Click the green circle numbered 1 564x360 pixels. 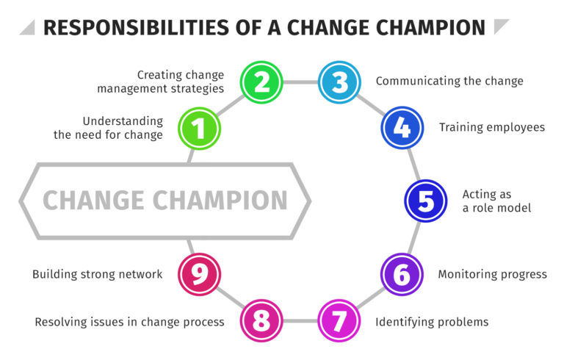(198, 129)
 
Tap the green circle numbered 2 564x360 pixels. (262, 82)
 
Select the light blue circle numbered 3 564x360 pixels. (339, 82)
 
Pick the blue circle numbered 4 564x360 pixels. (402, 128)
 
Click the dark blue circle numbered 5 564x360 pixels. (426, 201)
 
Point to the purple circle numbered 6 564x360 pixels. (402, 274)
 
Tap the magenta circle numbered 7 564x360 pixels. (339, 321)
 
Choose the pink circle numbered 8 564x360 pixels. (262, 321)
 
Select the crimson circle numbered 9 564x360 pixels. (198, 274)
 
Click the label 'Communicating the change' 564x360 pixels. (449, 81)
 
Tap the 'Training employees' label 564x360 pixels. (492, 127)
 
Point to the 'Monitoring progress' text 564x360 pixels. (492, 274)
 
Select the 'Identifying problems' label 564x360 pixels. (432, 321)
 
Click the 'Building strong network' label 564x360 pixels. (97, 274)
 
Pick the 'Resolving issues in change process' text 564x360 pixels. (129, 321)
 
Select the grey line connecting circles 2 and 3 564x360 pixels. (300, 82)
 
